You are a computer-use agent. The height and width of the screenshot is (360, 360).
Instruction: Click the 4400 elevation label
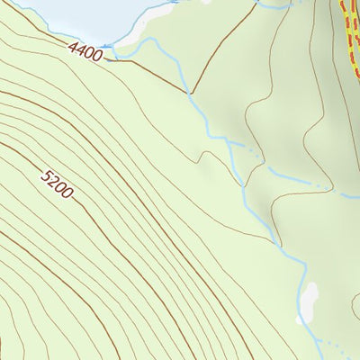tap(84, 49)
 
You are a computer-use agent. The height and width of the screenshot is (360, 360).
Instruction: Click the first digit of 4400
tap(70, 44)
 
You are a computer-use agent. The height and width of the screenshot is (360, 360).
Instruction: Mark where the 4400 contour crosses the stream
tap(190, 92)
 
